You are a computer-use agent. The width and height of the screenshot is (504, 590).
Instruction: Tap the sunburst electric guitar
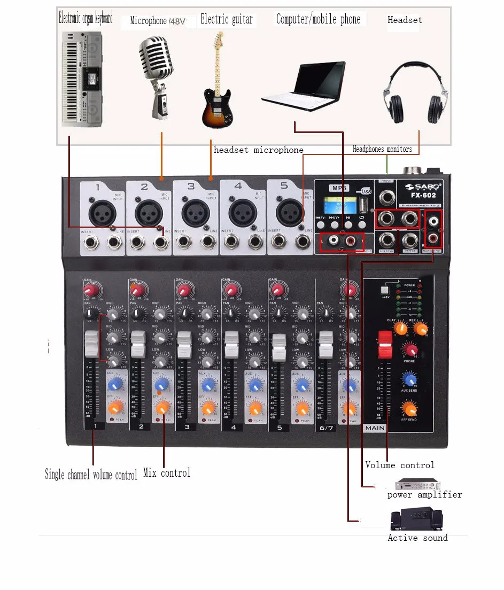[218, 86]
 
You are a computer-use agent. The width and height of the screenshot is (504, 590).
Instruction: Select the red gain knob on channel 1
[91, 290]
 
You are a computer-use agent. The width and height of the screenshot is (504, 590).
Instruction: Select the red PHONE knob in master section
[410, 350]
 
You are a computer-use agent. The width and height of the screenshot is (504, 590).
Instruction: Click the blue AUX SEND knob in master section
[410, 379]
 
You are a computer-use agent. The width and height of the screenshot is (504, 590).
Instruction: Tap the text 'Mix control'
[167, 473]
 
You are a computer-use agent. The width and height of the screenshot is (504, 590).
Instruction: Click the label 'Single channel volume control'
[91, 474]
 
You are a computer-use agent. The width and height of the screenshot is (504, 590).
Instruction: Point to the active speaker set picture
[417, 519]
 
